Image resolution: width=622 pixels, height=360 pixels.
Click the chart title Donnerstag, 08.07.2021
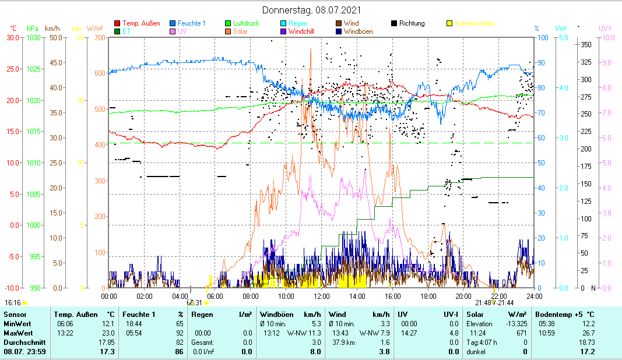[311, 10]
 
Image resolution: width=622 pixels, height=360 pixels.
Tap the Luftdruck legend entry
[245, 23]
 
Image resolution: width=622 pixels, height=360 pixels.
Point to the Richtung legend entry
[412, 23]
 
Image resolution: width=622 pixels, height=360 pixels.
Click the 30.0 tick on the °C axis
[13, 38]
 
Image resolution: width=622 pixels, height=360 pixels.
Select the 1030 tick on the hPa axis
[34, 38]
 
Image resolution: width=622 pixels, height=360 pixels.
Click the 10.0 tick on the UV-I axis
[606, 38]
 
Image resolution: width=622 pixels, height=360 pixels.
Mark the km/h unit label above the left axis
[52, 28]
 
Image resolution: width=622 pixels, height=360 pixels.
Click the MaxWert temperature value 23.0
[108, 333]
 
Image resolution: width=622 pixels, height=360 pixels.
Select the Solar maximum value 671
[520, 333]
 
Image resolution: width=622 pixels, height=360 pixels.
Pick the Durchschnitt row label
[21, 342]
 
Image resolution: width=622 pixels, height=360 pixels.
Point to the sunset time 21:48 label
[483, 303]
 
